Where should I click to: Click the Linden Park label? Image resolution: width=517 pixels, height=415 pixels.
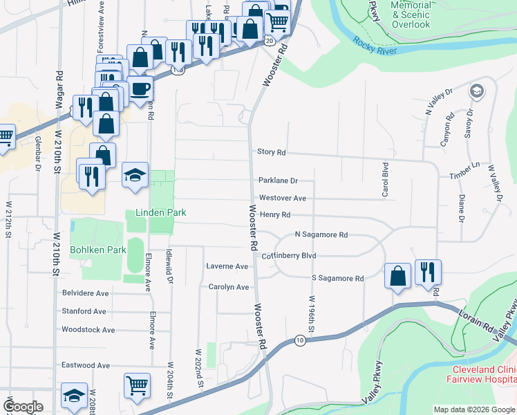pos(160,213)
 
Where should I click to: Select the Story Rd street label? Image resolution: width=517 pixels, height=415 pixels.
pos(271,152)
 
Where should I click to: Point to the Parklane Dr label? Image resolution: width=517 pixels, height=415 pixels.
pos(278,181)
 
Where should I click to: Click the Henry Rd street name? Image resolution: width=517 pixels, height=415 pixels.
pos(274,215)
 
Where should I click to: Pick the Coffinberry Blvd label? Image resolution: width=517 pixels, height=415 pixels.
pos(288,255)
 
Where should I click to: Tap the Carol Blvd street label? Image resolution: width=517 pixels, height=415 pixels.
pos(386,180)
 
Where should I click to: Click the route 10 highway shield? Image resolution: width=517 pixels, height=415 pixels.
pos(299,340)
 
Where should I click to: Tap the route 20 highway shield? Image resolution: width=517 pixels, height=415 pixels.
pos(267,41)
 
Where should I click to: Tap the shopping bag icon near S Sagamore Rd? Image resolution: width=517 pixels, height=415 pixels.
pos(398,275)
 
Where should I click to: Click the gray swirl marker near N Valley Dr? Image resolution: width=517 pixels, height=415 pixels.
pos(476,91)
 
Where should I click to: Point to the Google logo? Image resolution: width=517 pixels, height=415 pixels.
pos(23,407)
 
